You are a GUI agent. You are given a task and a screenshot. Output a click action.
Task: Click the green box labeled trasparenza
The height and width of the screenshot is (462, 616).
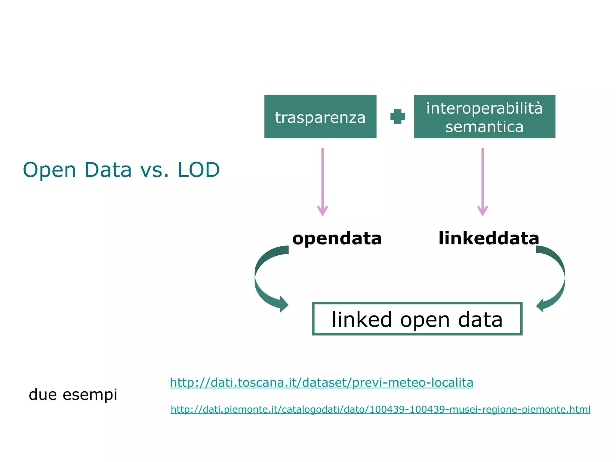[x=320, y=117]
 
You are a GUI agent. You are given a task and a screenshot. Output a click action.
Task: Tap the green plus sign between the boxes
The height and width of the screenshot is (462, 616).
[x=397, y=116]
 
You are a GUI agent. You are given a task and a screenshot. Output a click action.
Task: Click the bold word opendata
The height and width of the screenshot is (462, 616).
[x=337, y=238]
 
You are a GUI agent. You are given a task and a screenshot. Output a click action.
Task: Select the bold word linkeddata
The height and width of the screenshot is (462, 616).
[x=489, y=238]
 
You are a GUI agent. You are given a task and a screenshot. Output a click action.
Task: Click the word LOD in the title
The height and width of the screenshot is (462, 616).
[x=199, y=170]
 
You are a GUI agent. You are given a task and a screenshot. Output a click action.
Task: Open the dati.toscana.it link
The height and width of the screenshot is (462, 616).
[x=321, y=383]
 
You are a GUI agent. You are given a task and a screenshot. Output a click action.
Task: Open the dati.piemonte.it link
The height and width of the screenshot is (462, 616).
[x=380, y=409]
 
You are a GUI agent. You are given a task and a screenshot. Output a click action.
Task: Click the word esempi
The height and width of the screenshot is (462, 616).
[x=90, y=395]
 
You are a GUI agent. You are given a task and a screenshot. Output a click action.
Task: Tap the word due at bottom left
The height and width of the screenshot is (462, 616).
[x=42, y=394]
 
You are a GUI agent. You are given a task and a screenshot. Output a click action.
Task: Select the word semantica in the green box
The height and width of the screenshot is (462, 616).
[x=484, y=127]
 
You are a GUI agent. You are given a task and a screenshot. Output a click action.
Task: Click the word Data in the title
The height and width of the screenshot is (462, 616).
[x=108, y=170]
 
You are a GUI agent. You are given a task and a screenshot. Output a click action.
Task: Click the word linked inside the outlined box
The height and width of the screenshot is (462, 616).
[x=362, y=319]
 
